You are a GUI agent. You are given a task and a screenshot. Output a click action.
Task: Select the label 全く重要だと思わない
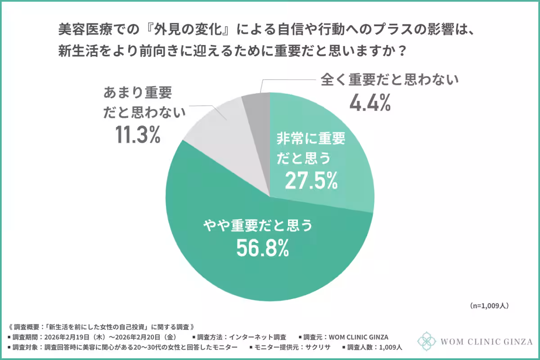[389, 81]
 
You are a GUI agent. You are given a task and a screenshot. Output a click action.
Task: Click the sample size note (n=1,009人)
[489, 306]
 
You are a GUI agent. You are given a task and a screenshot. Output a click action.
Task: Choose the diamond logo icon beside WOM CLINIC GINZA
[427, 341]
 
